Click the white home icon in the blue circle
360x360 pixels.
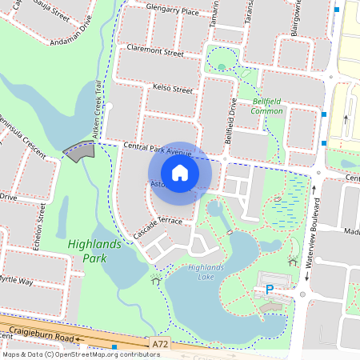coord(180,172)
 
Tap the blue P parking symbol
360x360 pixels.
coord(270,290)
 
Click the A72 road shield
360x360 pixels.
coord(160,342)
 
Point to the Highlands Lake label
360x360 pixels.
coord(195,273)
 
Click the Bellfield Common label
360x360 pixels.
coord(268,106)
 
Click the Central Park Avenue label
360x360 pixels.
coord(158,147)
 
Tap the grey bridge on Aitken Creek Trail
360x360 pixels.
coord(78,151)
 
